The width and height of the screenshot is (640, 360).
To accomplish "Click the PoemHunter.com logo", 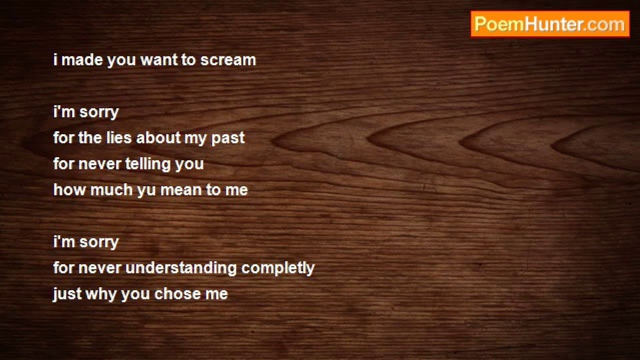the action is click(550, 24).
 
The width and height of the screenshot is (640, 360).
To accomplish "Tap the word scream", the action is click(228, 60).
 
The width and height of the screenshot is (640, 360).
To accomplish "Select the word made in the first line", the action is click(82, 60).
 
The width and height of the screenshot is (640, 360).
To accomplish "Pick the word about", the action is click(158, 137).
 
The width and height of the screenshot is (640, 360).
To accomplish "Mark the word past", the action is click(228, 139).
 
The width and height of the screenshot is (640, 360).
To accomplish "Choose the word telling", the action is click(147, 164).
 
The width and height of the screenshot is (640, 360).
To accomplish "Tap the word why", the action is click(101, 295).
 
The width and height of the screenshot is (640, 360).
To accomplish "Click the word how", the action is click(69, 189).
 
